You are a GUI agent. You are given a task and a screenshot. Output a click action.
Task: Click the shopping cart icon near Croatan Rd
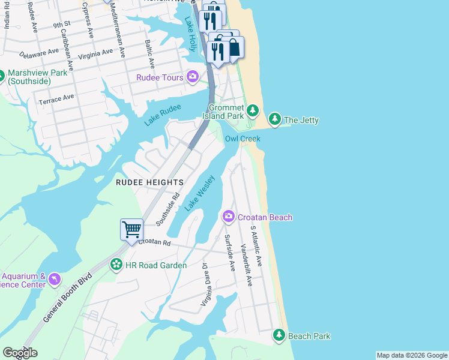coord(131,229)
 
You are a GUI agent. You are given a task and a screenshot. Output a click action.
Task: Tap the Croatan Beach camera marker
coord(229,217)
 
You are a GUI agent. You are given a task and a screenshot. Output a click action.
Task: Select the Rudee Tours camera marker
coord(193,76)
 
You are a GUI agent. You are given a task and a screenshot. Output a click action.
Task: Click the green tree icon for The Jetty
coord(274,119)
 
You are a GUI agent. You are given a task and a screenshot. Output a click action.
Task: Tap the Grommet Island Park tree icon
coord(253,110)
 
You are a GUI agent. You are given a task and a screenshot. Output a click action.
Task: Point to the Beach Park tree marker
coord(279,335)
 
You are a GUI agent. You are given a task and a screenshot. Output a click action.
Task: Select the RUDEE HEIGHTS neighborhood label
coord(149,182)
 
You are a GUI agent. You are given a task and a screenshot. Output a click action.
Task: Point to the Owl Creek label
coord(243,139)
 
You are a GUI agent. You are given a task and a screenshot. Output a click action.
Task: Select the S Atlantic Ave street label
coord(256,246)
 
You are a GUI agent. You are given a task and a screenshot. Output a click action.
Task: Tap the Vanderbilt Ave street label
coord(246,265)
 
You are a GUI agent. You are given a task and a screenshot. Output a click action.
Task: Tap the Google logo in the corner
coord(20,353)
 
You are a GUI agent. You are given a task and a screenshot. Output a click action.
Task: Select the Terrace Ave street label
coord(56,98)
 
